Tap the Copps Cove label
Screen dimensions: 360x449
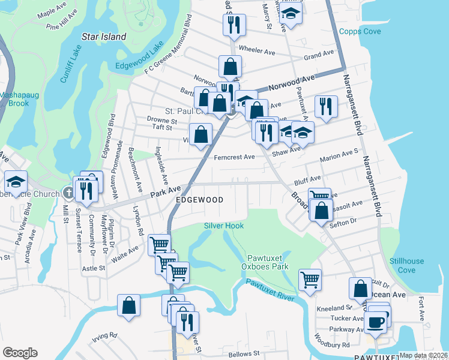(x=357, y=31)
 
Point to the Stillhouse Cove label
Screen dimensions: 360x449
(x=406, y=265)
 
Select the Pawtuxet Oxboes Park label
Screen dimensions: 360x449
(x=265, y=262)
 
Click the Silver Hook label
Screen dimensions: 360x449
(x=224, y=225)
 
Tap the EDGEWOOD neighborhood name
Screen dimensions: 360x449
(x=199, y=200)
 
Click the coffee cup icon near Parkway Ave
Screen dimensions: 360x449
(x=376, y=322)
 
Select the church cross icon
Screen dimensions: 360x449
(x=68, y=193)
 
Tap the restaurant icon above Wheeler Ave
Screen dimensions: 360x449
(x=232, y=25)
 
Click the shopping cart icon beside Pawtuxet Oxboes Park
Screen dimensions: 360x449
(x=310, y=278)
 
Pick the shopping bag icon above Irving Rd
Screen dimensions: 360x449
(x=129, y=305)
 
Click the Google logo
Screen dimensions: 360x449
(x=20, y=352)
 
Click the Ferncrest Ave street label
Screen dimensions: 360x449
(x=234, y=157)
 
